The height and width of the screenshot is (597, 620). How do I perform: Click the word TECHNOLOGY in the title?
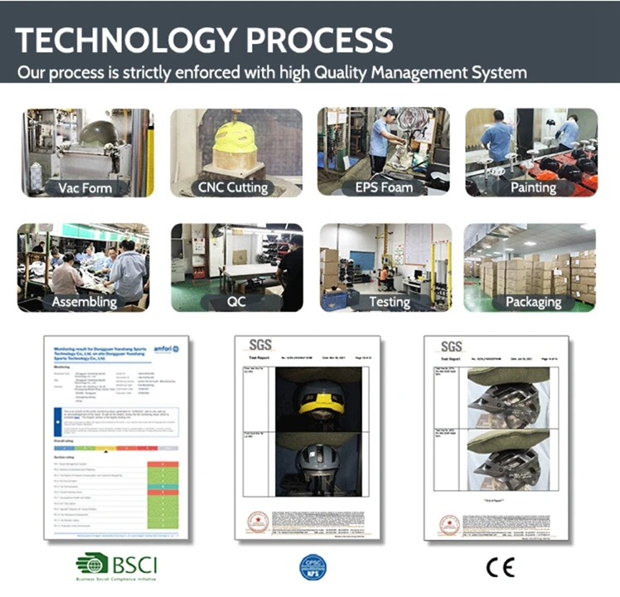124,40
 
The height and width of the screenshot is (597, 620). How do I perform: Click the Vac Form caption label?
85,187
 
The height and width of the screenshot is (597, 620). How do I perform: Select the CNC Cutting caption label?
233,187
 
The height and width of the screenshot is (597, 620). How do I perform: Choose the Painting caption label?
533,187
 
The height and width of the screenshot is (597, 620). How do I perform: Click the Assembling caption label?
85,302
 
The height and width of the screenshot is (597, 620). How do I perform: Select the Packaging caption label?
533,302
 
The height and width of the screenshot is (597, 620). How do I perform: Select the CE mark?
500,567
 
